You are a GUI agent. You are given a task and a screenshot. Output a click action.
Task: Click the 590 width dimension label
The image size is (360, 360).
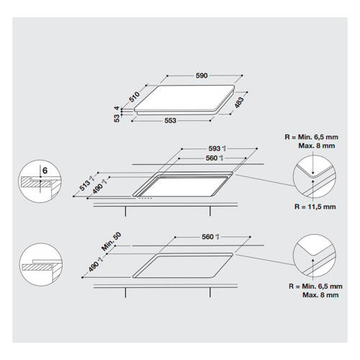pos(202,76)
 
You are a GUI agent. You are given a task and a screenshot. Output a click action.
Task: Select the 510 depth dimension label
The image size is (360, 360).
pos(134,97)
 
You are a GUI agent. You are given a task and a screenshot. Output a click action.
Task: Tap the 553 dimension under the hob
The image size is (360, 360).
pos(171,120)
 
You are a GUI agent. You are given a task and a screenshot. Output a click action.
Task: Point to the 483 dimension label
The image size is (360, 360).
pos(239,102)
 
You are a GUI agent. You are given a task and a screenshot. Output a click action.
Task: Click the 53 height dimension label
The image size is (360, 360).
pos(117,118)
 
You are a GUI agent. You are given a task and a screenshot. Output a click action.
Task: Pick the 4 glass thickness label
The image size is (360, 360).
pos(117,108)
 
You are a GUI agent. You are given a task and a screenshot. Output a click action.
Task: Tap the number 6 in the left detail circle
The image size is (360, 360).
pos(45,171)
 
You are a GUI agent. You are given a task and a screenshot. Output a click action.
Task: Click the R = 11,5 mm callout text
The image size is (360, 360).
pos(315,207)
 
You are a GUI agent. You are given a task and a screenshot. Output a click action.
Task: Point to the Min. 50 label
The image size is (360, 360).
pos(111,242)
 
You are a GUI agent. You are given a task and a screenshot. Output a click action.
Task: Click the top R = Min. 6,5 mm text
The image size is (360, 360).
pos(311,137)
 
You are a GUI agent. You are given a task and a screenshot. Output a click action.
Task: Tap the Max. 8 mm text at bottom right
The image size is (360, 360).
pos(320,295)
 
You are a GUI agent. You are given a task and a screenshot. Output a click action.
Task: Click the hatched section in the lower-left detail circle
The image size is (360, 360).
pos(37,267)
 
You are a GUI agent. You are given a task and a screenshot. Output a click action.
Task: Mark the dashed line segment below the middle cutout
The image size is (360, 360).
pos(145,198)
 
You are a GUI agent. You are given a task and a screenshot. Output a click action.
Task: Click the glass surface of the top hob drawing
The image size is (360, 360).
pos(184,98)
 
